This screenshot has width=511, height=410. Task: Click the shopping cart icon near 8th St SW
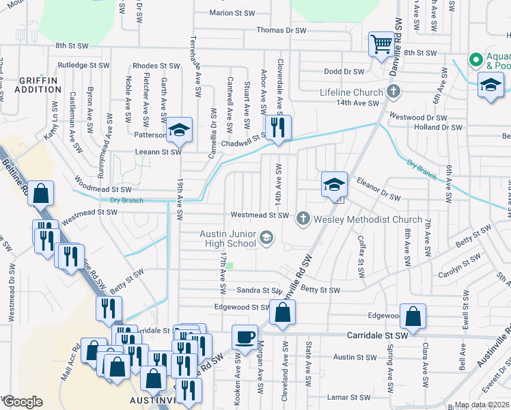tap(381, 44)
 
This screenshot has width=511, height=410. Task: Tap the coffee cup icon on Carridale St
tap(245, 336)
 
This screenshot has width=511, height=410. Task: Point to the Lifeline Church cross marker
tap(393, 91)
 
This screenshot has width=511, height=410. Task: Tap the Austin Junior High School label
tap(228, 238)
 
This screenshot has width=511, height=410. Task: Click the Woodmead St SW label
tap(102, 189)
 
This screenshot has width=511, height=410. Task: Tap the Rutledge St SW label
tap(83, 66)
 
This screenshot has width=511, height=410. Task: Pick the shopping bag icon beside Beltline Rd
tap(41, 193)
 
